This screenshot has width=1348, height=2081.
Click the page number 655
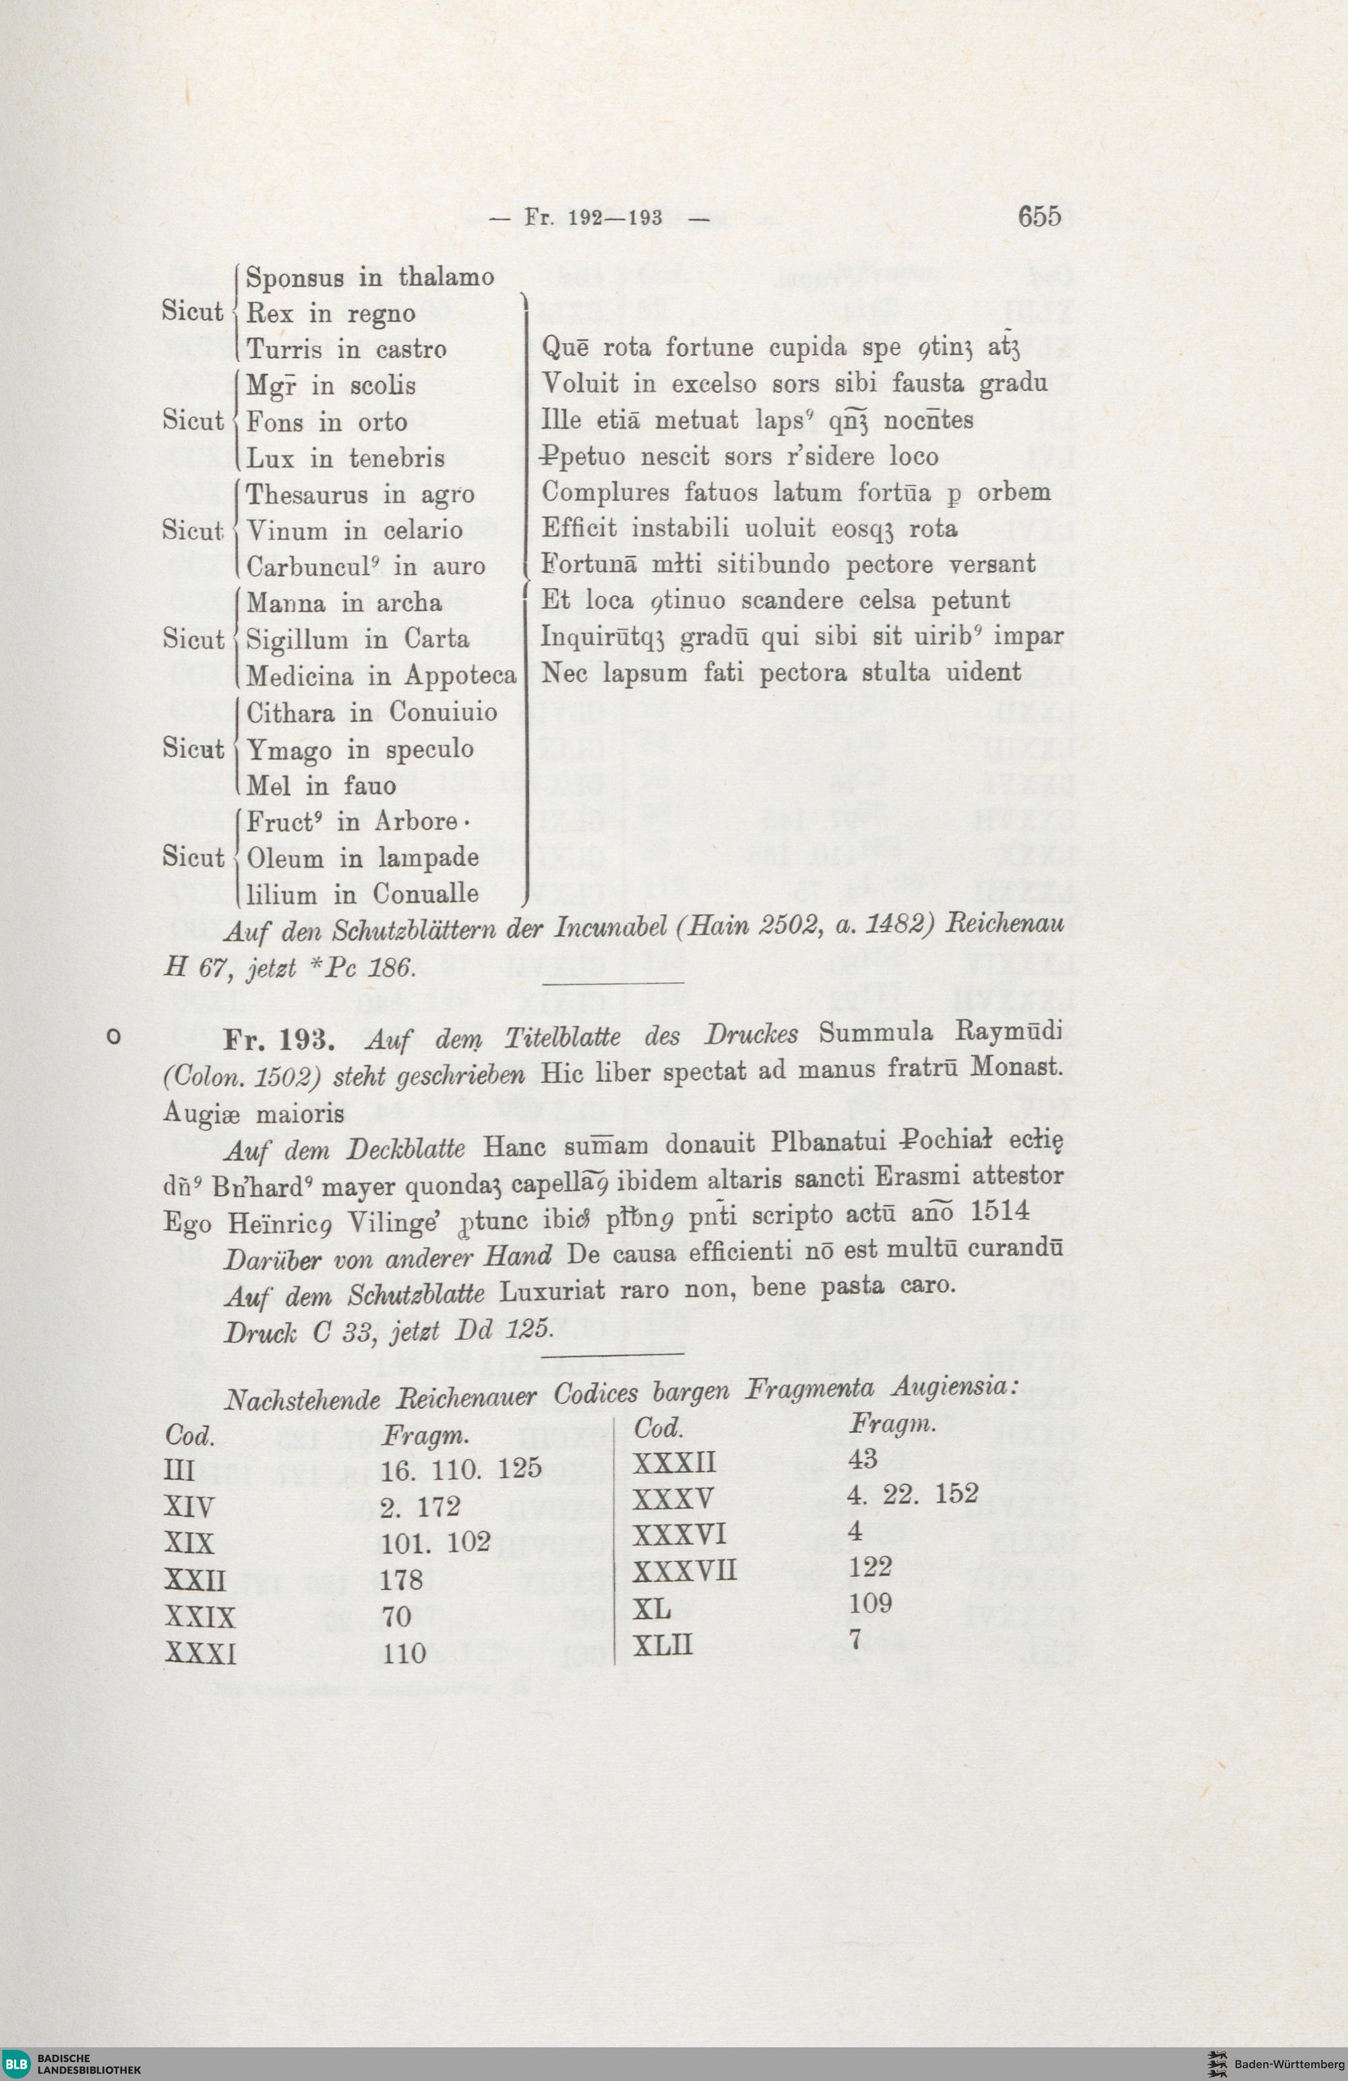tap(1039, 215)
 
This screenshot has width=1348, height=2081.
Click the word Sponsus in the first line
tap(295, 277)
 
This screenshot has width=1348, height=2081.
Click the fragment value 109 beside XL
tap(870, 1603)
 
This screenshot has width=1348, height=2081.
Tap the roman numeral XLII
tap(663, 1646)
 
